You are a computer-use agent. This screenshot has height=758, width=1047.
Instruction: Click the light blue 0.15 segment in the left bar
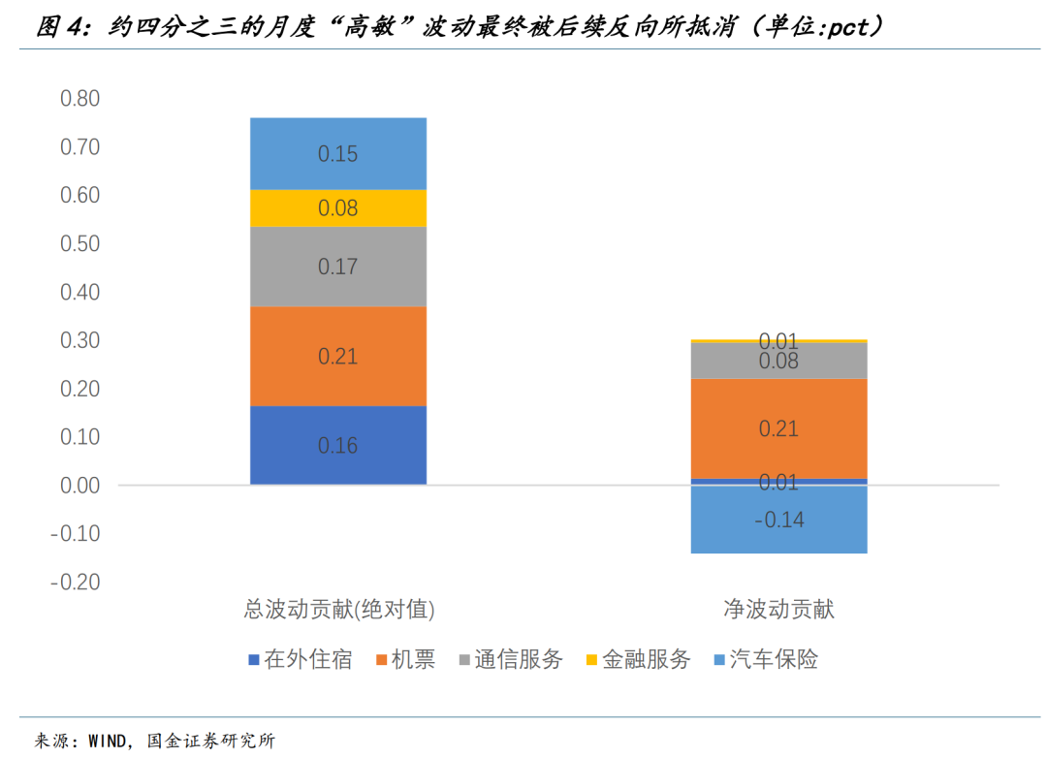338,153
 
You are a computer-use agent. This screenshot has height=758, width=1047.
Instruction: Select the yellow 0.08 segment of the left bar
338,208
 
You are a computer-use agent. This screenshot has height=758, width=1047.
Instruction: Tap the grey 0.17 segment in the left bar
338,267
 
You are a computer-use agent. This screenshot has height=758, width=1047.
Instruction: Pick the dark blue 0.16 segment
338,446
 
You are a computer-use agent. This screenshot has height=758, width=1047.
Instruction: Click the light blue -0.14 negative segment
778,520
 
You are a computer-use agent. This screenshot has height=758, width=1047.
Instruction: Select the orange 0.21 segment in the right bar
778,428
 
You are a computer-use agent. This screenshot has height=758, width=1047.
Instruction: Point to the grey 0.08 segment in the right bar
778,361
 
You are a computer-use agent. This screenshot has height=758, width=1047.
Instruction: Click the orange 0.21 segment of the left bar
338,356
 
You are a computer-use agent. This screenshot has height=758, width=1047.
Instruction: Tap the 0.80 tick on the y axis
80,98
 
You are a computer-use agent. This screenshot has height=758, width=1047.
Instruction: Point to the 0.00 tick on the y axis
80,486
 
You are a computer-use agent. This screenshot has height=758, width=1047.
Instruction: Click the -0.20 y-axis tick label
76,582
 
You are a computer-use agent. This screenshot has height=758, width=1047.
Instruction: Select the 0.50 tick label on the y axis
80,243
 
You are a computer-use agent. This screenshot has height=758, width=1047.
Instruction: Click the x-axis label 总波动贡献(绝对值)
339,609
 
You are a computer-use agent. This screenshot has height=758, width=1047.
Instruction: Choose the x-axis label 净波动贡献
778,609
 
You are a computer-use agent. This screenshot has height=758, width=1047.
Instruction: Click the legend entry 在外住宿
301,659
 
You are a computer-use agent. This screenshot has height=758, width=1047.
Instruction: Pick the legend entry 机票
406,659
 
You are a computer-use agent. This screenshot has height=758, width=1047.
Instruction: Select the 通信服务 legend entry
512,659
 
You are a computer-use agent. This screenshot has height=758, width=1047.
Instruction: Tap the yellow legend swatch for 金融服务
591,660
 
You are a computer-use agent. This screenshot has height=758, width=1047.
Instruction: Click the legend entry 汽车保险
767,659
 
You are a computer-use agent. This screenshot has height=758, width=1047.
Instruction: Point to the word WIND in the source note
108,741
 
